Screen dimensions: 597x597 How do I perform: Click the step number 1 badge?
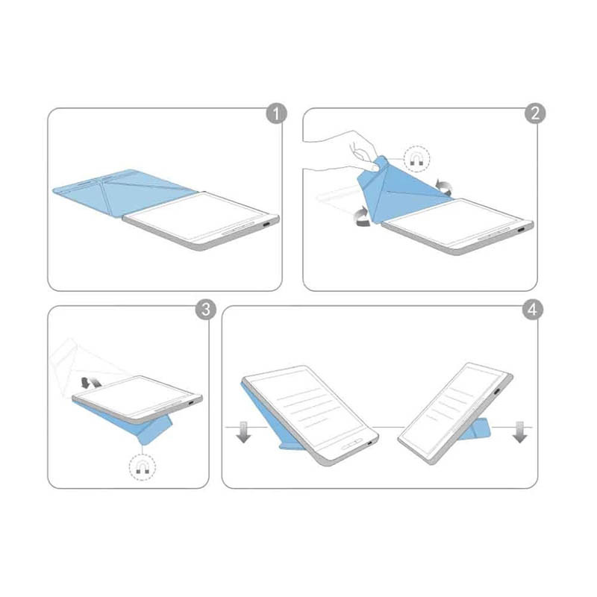click(x=275, y=113)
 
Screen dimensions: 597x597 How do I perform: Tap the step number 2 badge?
click(x=535, y=113)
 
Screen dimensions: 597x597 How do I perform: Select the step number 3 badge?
click(x=206, y=309)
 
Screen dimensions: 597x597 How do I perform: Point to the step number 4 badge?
click(x=532, y=310)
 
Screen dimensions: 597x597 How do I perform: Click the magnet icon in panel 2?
click(x=416, y=159)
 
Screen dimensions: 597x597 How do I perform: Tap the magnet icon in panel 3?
click(x=143, y=467)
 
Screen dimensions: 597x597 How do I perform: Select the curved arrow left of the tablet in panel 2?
click(x=362, y=217)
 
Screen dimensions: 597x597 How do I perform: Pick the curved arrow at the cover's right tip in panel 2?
click(x=443, y=187)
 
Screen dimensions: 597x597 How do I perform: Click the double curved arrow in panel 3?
click(x=91, y=382)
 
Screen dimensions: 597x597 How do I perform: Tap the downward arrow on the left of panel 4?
click(x=243, y=432)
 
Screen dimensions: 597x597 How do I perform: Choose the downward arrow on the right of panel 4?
click(x=519, y=432)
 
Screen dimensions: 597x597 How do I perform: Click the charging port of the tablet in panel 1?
click(x=268, y=223)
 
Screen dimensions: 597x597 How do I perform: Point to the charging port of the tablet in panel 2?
click(x=521, y=230)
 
